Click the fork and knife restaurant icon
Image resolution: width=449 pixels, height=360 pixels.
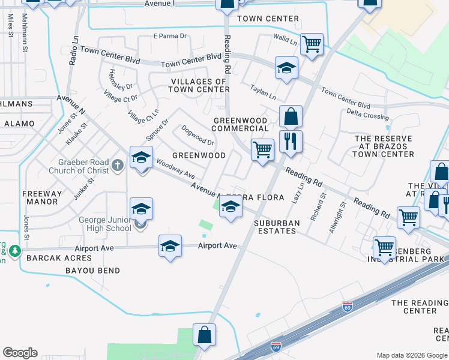tap(291, 141)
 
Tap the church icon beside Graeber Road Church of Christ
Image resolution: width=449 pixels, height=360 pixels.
tap(118, 164)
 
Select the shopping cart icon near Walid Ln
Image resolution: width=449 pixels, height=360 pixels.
tap(312, 43)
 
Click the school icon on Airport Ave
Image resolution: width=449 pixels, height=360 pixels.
tap(170, 245)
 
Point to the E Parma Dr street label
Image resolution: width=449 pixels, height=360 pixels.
tap(170, 36)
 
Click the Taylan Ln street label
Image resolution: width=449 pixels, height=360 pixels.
tap(263, 92)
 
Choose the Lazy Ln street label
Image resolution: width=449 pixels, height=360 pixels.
tap(295, 193)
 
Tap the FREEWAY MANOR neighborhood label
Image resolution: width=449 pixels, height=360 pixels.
tap(41, 197)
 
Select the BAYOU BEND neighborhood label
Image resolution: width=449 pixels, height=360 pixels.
tap(92, 271)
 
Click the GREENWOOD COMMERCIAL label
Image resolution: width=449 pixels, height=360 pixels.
tap(241, 124)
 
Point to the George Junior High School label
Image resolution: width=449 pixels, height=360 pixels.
tap(105, 224)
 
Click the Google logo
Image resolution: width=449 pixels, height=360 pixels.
tap(20, 353)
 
